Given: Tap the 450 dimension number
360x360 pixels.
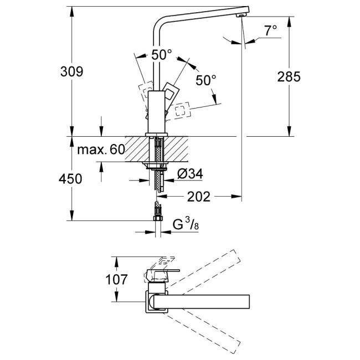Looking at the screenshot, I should pyautogui.click(x=71, y=179).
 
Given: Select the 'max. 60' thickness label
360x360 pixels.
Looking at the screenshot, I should pyautogui.click(x=101, y=150).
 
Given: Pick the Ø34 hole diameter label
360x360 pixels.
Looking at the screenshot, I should pyautogui.click(x=190, y=174).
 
